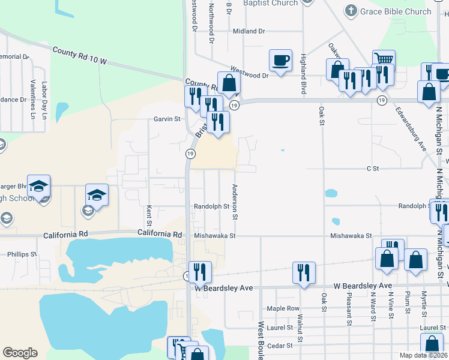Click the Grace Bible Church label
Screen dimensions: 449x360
pyautogui.click(x=396, y=11)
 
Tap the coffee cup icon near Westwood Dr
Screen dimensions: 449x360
pyautogui.click(x=281, y=60)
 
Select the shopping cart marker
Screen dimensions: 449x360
pyautogui.click(x=384, y=60)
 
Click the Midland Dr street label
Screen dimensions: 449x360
pyautogui.click(x=249, y=31)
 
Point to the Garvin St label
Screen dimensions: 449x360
pyautogui.click(x=167, y=119)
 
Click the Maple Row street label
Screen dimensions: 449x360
pyautogui.click(x=283, y=308)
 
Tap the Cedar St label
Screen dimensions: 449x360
pyautogui.click(x=279, y=346)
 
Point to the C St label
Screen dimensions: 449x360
pyautogui.click(x=373, y=169)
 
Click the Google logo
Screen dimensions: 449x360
pyautogui.click(x=20, y=353)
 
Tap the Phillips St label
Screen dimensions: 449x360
pyautogui.click(x=22, y=254)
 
